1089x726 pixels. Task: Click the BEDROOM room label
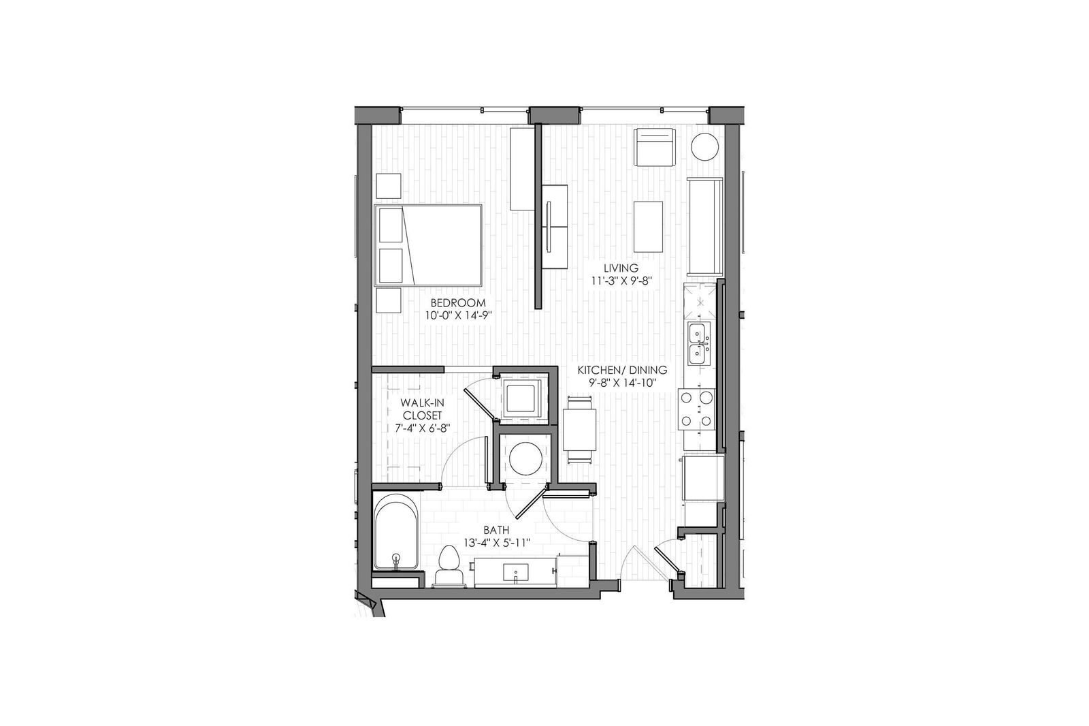click(458, 302)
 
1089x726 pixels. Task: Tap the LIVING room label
click(621, 268)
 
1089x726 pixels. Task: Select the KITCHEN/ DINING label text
click(622, 370)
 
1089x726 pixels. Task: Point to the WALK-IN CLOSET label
click(421, 409)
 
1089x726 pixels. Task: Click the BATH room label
click(496, 530)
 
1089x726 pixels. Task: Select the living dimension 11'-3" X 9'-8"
click(621, 281)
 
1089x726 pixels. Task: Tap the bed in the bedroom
click(428, 245)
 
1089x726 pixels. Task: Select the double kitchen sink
click(699, 344)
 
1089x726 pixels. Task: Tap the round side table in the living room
click(704, 147)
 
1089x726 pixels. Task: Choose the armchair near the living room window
click(655, 147)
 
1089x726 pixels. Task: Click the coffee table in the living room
click(648, 227)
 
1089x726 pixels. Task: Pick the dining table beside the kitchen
click(579, 430)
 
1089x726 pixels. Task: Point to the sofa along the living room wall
click(704, 227)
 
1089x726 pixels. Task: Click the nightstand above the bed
click(389, 186)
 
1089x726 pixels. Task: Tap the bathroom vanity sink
click(515, 572)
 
